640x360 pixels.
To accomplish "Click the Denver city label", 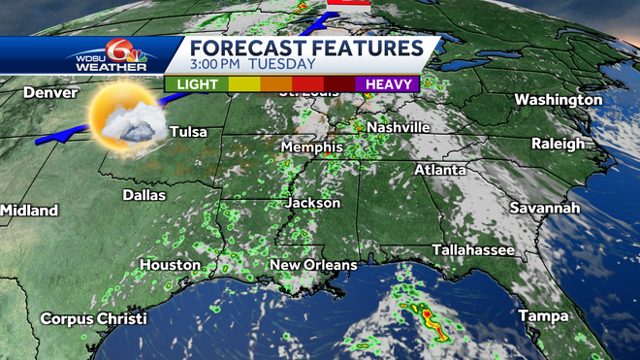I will pos(48,92).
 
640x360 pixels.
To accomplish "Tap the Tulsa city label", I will pos(188,132).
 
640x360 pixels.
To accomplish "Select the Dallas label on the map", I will pos(144,195).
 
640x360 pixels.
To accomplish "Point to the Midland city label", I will pos(29,211).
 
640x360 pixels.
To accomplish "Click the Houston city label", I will pos(170,265).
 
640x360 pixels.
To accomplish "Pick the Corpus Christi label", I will pos(93,319).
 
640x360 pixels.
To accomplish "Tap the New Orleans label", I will pos(313,265).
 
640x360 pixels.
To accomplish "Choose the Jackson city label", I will pos(313,203).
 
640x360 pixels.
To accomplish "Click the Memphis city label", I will pos(311,147).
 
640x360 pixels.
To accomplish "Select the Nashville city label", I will pos(398,127).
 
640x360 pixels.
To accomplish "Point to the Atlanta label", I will pos(440,170).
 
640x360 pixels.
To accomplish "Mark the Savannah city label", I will pos(546,209).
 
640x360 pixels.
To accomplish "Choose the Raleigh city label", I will pos(559,144).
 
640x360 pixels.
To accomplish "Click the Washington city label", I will pos(559,100).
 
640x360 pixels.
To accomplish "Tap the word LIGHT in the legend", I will pos(196,84).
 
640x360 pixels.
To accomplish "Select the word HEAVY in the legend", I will pos(389,84).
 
